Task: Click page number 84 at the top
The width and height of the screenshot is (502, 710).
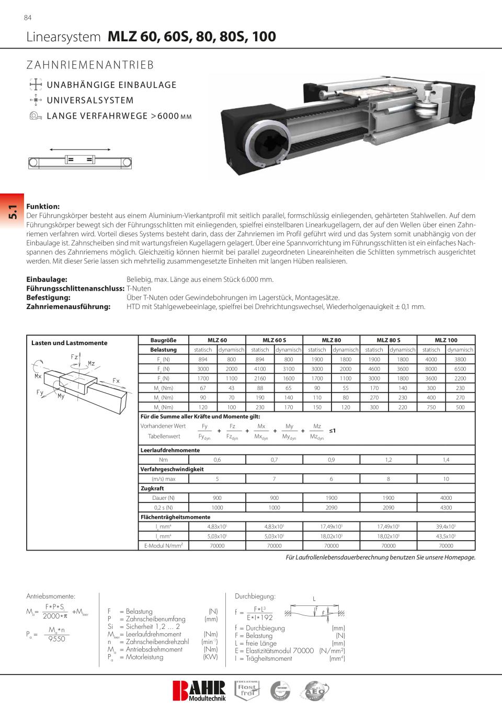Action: (x=28, y=18)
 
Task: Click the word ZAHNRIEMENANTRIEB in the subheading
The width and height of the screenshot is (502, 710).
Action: (x=90, y=65)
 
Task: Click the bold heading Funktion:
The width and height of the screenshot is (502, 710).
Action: (x=43, y=207)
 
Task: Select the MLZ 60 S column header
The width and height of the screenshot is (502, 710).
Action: (x=274, y=340)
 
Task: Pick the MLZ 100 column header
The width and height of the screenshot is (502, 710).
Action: (x=446, y=340)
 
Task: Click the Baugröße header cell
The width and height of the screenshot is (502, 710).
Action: (x=163, y=340)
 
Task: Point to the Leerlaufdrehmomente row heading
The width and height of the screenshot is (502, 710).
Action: (x=170, y=450)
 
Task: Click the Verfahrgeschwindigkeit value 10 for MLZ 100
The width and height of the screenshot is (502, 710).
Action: (x=446, y=479)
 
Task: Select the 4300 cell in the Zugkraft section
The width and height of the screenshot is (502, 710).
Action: (x=446, y=508)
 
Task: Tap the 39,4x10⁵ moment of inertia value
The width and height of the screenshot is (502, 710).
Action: (x=446, y=526)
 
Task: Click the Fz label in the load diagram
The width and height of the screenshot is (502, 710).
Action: (x=74, y=357)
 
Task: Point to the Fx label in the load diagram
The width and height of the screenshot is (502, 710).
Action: (x=116, y=381)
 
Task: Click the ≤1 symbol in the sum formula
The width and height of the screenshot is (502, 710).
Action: (x=332, y=431)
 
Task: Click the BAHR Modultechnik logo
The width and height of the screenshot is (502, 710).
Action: (x=199, y=690)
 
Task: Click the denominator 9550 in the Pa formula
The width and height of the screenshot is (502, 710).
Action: (x=56, y=639)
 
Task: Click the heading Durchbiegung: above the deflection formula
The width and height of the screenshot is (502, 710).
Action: (x=255, y=596)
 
